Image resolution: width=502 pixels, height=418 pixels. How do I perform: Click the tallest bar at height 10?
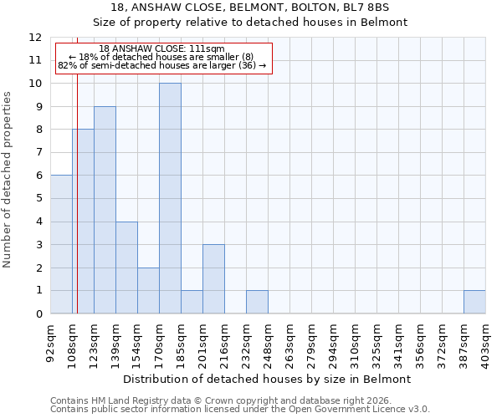point(170,198)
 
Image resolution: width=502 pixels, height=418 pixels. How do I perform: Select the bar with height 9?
point(105,210)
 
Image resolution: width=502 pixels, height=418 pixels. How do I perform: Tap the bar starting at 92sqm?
point(61,244)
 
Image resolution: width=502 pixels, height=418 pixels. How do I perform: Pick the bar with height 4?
point(126,268)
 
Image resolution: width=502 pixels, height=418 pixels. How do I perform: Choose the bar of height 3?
point(213,279)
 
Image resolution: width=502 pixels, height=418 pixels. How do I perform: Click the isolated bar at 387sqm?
point(474,302)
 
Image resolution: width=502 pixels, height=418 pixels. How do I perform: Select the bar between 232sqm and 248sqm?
point(257,302)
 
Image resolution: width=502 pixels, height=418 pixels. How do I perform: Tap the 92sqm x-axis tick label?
point(51,342)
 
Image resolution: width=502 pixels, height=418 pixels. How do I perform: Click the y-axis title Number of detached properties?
point(8,180)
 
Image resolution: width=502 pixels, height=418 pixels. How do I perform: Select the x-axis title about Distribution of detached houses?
point(268,380)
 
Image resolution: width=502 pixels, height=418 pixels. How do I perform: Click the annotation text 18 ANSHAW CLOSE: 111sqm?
point(161,49)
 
